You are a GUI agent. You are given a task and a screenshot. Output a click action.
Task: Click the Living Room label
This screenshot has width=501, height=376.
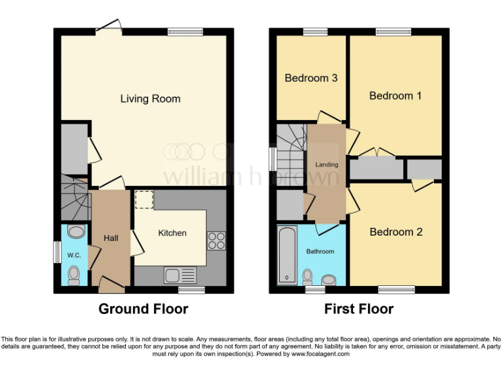point(150,99)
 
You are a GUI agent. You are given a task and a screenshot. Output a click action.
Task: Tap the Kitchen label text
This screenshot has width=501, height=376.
point(172,233)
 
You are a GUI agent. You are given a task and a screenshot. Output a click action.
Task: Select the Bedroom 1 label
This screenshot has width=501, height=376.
point(395,96)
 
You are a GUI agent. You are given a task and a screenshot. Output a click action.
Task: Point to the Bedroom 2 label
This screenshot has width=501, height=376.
point(396,232)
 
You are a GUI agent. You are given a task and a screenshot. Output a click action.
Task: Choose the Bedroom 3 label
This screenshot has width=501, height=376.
point(311,78)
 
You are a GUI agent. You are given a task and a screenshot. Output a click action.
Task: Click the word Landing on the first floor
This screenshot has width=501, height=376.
point(327,165)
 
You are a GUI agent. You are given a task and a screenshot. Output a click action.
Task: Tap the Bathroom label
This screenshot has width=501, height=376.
point(320,251)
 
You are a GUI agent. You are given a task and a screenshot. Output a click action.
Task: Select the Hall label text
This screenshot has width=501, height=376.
point(111,238)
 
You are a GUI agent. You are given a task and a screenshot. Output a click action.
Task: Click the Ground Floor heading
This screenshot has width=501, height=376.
point(143,309)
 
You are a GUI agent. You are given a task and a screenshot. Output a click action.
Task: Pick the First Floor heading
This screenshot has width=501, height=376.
point(359,309)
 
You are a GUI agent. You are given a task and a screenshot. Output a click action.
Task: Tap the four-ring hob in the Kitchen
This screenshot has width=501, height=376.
point(216,240)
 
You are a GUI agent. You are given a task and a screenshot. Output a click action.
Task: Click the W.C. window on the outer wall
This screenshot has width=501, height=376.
point(57,253)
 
